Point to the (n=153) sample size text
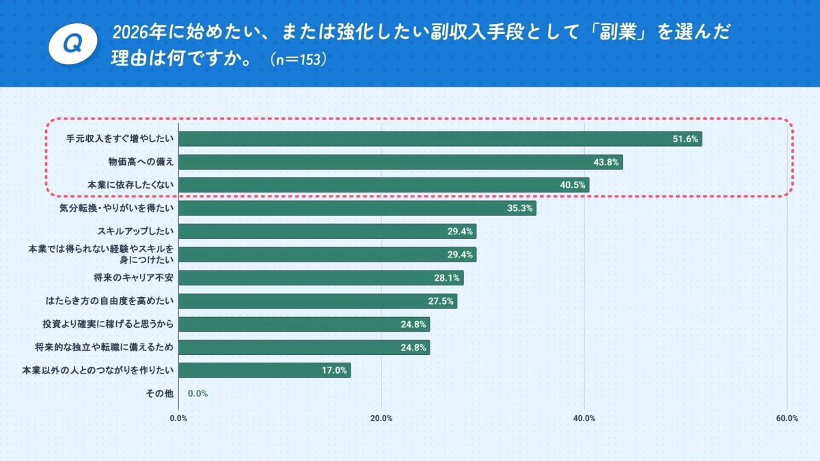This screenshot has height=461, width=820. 299,59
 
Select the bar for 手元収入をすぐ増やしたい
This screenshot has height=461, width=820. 440,139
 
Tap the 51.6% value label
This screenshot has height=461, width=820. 685,139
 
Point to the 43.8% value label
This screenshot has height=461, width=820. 605,163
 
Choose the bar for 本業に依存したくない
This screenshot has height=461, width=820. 383,185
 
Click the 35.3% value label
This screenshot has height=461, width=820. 519,208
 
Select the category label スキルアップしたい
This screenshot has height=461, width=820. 136,232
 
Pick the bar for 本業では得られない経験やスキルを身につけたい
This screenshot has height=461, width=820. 327,255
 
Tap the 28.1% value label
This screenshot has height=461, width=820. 447,278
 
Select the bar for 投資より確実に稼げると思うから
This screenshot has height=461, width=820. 303,324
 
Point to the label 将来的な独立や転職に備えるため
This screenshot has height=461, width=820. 105,348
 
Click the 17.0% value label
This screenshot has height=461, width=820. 334,371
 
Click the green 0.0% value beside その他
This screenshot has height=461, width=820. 197,394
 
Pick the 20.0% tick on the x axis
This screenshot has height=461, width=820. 381,419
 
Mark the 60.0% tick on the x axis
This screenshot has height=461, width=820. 787,419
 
